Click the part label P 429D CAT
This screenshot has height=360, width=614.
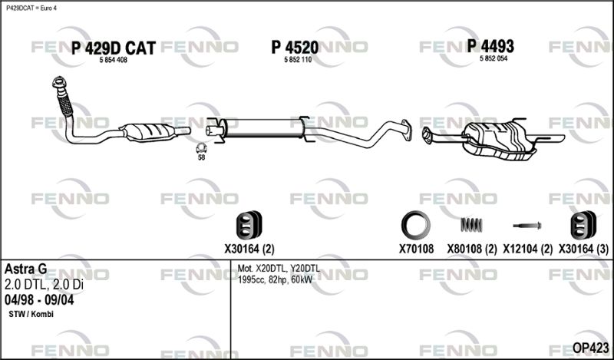(x=114, y=48)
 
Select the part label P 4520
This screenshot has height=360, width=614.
(x=295, y=48)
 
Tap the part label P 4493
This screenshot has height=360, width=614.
(x=490, y=46)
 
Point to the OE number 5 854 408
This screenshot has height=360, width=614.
(x=114, y=60)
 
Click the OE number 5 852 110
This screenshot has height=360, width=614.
(x=298, y=60)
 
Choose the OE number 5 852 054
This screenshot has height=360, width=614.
(x=494, y=58)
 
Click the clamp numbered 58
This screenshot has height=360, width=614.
(x=201, y=148)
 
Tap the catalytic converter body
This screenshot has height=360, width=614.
(x=148, y=131)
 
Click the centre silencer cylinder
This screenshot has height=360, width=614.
(x=263, y=127)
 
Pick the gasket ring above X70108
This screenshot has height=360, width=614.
(x=416, y=225)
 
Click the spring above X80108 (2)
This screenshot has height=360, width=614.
(x=471, y=225)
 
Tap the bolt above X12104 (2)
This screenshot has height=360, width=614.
(x=527, y=226)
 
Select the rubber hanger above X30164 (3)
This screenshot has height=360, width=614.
(x=583, y=225)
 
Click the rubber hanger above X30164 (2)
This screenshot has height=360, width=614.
(x=249, y=225)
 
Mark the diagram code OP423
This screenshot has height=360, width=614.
(x=590, y=348)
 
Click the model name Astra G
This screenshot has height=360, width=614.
(x=25, y=269)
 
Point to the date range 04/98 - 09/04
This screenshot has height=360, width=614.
(x=39, y=300)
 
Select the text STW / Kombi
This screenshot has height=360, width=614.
(x=31, y=314)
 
